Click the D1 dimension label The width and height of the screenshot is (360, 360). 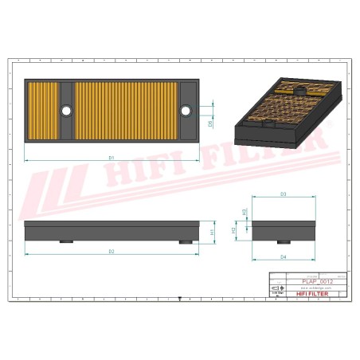(112, 158)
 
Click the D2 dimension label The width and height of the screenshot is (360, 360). (112, 251)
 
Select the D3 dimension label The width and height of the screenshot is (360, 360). (284, 194)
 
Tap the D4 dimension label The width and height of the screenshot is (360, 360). (284, 256)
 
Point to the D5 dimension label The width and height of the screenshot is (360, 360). (210, 123)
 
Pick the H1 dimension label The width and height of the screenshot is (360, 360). (212, 232)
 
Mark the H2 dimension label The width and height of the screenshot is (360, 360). (233, 230)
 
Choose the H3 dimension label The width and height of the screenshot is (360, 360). (243, 213)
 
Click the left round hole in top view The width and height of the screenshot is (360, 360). (66, 110)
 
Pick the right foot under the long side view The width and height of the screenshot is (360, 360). (186, 242)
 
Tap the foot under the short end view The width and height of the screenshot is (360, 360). (283, 241)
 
